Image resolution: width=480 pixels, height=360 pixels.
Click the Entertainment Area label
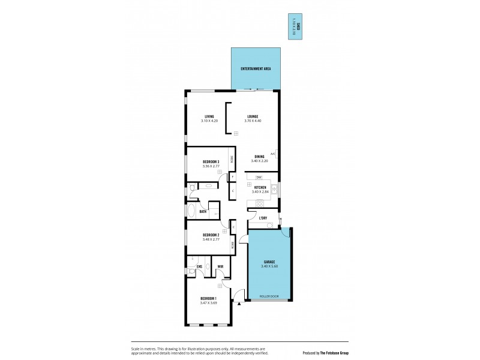(256, 69)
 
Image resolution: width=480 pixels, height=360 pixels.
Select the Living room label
(209, 116)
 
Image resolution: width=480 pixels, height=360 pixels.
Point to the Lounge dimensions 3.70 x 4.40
(253, 121)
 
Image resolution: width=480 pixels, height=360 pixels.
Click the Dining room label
(259, 157)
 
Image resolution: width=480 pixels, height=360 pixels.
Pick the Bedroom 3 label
(210, 162)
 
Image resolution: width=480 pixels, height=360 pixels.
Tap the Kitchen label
(260, 188)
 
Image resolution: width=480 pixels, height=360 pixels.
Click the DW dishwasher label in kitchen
(259, 178)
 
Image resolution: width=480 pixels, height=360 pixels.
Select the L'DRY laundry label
(263, 218)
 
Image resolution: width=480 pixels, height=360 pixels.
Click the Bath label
(203, 211)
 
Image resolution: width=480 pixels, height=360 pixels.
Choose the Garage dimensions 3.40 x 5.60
(269, 266)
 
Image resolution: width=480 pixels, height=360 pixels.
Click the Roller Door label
(269, 296)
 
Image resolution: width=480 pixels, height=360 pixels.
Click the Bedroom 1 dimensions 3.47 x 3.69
(209, 303)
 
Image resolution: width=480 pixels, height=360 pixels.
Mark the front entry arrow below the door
(239, 304)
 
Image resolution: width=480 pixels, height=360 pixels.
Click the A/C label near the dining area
(272, 154)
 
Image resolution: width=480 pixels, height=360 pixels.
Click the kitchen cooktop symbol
(260, 202)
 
